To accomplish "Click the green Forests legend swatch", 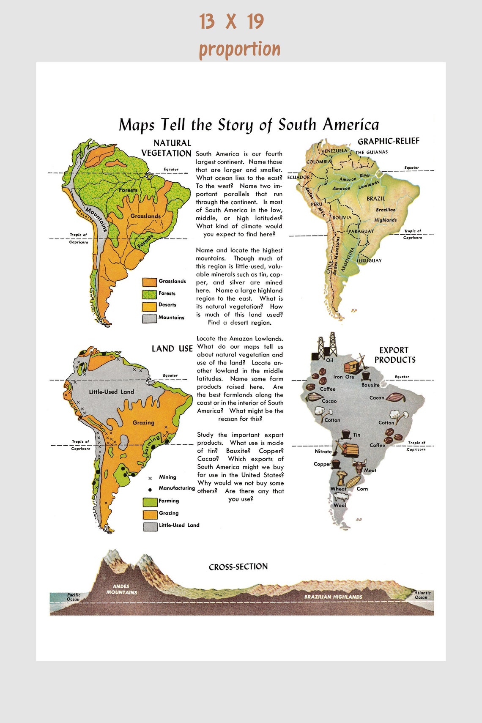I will pos(150,294).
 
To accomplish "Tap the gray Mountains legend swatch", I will pos(150,318).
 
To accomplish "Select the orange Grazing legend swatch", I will pos(150,514).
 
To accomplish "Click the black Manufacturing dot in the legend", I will pos(150,489).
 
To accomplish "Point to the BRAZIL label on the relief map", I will pos(375,199).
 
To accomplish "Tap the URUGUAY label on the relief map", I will pos(370,261).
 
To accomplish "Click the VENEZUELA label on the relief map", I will pos(334,151).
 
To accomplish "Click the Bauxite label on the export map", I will pos(370,385).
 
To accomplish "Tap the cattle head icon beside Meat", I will pos(359,466).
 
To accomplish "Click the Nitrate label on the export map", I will pos(323,452).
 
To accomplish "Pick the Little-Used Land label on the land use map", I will pos(111,392).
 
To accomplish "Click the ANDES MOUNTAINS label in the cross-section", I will pos(121,589).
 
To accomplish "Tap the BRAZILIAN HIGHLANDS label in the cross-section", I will pos(333,597).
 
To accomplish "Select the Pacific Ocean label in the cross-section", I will pos(73,597).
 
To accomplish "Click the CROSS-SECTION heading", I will pos(238,567).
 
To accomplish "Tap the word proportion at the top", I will pos(239,49).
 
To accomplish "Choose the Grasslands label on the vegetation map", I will pos(145,216).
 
